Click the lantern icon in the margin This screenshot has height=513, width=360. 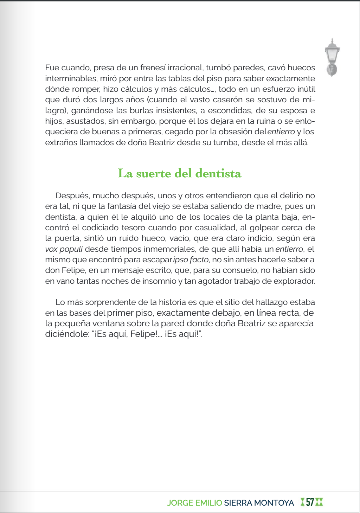[332, 57]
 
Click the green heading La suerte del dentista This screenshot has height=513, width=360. [179, 173]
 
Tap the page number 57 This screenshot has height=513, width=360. [310, 502]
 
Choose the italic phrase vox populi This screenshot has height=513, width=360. [64, 249]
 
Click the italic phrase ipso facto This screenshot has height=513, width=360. [191, 260]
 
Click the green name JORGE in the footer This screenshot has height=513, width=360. [180, 503]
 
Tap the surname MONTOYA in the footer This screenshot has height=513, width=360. [274, 503]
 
